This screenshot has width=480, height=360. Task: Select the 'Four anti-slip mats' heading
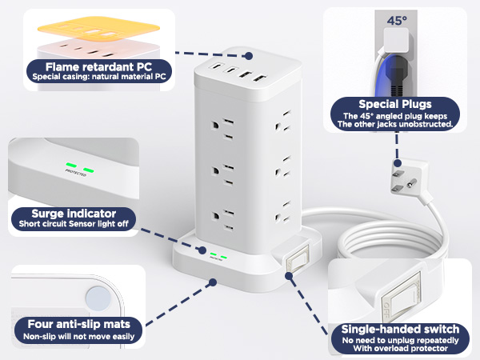click(79, 326)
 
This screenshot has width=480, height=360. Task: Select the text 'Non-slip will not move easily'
click(79, 338)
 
